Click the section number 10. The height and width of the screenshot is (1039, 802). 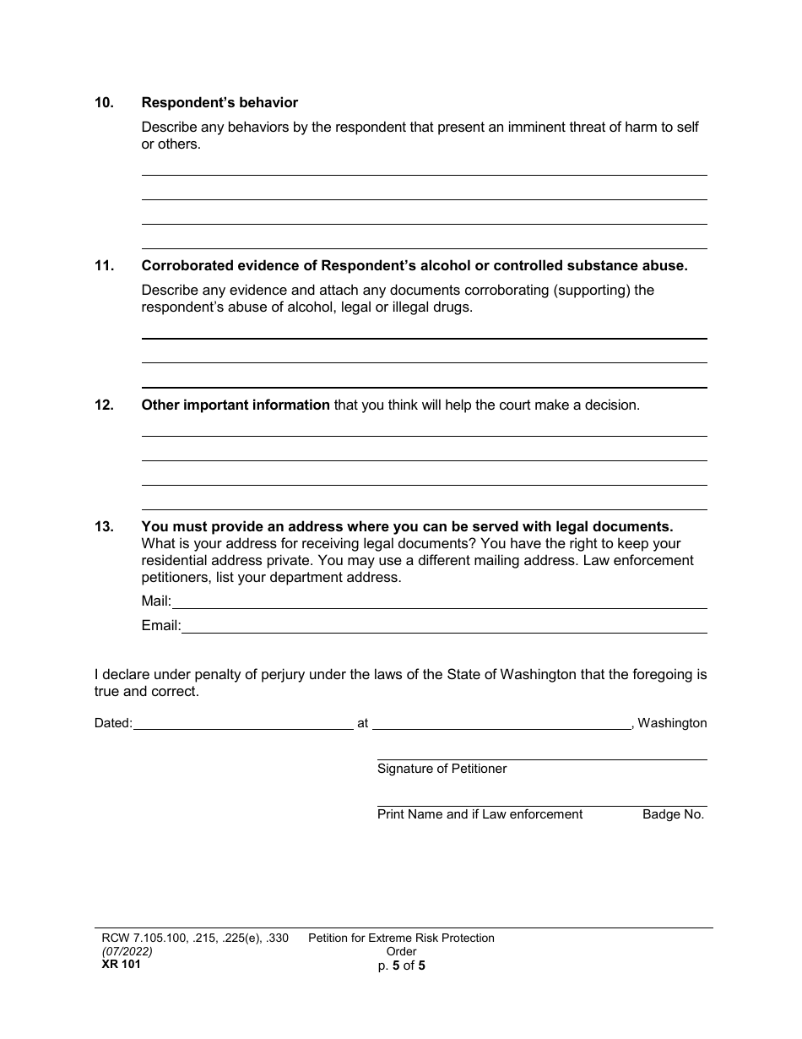click(x=104, y=103)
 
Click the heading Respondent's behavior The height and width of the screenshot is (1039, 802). click(x=219, y=103)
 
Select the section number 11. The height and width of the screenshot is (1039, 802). click(x=104, y=266)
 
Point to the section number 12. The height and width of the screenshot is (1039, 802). click(x=104, y=405)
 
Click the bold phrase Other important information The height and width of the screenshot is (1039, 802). click(x=236, y=405)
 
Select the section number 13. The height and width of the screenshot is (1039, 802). click(x=104, y=527)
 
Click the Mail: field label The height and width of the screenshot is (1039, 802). click(x=156, y=602)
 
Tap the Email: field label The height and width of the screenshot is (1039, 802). click(x=161, y=627)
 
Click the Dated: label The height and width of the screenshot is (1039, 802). click(x=113, y=724)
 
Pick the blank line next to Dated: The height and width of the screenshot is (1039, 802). click(x=243, y=724)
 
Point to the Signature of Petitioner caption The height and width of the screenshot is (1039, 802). click(x=442, y=770)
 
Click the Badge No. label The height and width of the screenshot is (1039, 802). click(x=673, y=815)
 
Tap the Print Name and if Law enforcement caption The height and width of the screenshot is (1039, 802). click(x=480, y=815)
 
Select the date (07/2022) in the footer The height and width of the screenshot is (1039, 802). click(x=123, y=952)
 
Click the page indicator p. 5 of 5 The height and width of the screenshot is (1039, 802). click(x=401, y=966)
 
